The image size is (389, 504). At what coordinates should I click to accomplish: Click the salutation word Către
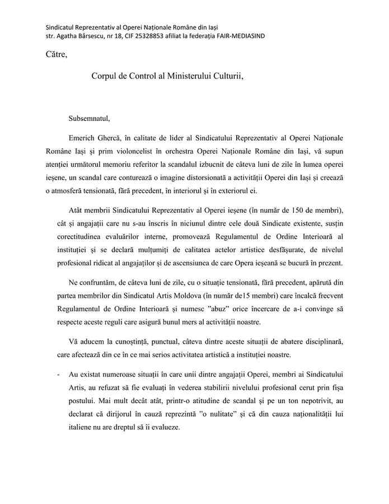tap(56, 54)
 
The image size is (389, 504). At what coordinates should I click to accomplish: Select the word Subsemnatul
tap(89, 118)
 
